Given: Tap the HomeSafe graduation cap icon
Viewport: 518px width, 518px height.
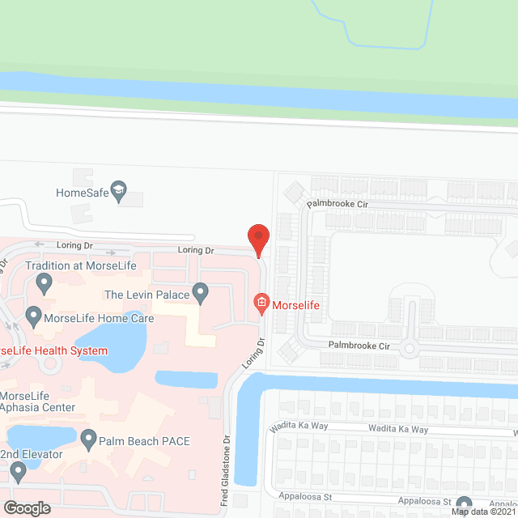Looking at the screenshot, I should pyautogui.click(x=119, y=192).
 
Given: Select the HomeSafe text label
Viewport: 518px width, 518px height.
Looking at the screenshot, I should pyautogui.click(x=82, y=193).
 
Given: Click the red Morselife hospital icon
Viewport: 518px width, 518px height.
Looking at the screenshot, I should pyautogui.click(x=261, y=304).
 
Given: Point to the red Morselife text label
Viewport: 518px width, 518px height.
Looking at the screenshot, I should pyautogui.click(x=297, y=304).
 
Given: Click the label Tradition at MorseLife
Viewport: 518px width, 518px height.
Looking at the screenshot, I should pyautogui.click(x=80, y=265).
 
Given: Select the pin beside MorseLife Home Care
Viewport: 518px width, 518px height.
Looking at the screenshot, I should pyautogui.click(x=33, y=316).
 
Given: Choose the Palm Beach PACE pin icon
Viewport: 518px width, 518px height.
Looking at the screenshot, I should pyautogui.click(x=88, y=441).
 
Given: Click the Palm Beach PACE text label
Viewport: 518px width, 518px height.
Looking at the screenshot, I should pyautogui.click(x=144, y=441).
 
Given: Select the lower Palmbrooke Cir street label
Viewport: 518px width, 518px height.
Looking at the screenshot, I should pyautogui.click(x=359, y=345).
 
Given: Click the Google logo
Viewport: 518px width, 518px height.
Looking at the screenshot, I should pyautogui.click(x=27, y=507).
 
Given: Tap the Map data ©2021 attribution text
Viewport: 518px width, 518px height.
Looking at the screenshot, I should pyautogui.click(x=483, y=512).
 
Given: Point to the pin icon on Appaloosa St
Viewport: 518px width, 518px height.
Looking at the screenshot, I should pyautogui.click(x=463, y=505).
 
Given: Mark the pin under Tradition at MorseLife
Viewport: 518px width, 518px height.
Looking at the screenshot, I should pyautogui.click(x=44, y=282).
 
